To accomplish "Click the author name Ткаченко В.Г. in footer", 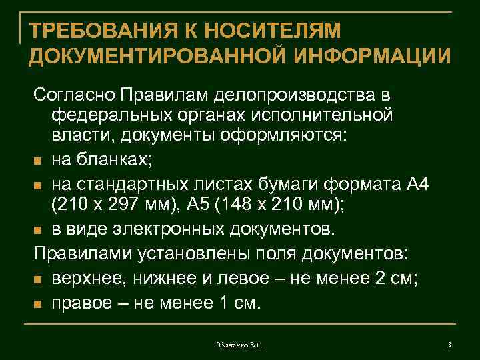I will coord(239,345).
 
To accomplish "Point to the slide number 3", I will coord(449,344).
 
